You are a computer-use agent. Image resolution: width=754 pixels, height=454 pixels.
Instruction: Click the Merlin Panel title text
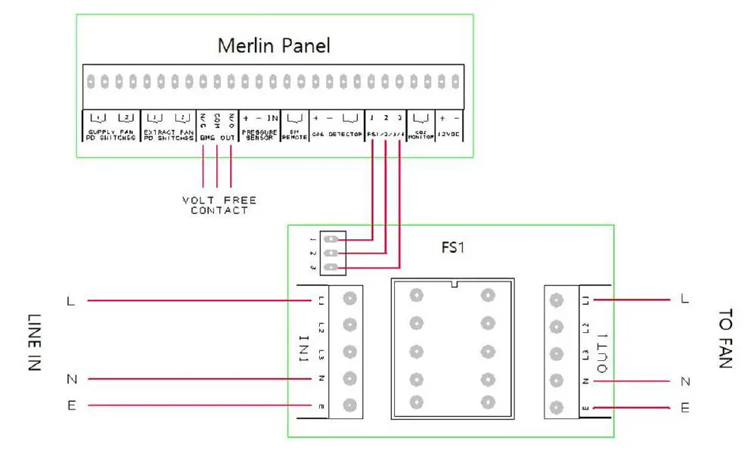(274, 45)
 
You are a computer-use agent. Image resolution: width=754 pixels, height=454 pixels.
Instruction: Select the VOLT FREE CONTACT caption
(219, 205)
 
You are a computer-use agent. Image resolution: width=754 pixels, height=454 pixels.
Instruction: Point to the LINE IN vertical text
(34, 341)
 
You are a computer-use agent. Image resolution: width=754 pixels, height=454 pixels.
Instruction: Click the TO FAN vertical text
(725, 337)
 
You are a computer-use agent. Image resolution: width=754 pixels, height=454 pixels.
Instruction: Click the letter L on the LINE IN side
(71, 301)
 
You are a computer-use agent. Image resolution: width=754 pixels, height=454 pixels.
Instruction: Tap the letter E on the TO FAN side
(684, 408)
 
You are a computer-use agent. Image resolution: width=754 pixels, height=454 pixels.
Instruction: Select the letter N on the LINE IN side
(71, 378)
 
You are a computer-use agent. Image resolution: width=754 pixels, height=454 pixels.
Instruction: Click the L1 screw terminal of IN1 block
(349, 299)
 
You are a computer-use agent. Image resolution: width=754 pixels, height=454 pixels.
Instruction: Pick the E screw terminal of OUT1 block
(557, 408)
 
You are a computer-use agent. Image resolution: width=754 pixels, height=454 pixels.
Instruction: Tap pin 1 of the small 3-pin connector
(330, 239)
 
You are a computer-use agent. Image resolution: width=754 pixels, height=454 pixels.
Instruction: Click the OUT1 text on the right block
(604, 353)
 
